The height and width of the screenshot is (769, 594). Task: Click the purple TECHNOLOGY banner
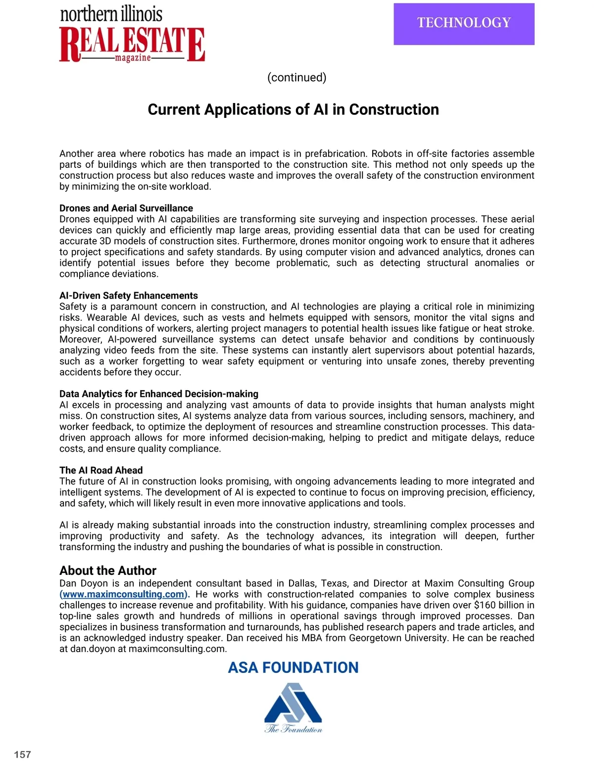point(464,24)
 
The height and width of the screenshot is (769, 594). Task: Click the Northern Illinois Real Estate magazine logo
point(132,35)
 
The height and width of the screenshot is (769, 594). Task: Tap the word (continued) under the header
point(297,78)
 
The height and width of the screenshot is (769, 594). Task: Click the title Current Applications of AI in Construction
point(293,109)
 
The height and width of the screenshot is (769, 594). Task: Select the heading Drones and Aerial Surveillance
point(126,208)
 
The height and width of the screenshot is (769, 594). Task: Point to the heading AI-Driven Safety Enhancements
point(129,296)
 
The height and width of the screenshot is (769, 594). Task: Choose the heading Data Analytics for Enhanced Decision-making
point(159,394)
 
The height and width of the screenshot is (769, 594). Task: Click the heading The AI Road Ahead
point(101,470)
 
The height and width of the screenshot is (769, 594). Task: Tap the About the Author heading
point(108,570)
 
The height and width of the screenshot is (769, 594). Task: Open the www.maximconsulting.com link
point(124,594)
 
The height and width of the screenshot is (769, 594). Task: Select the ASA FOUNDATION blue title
point(293,667)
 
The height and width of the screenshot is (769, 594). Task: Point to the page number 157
point(23,755)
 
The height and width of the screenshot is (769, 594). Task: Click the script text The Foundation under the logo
point(293,728)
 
